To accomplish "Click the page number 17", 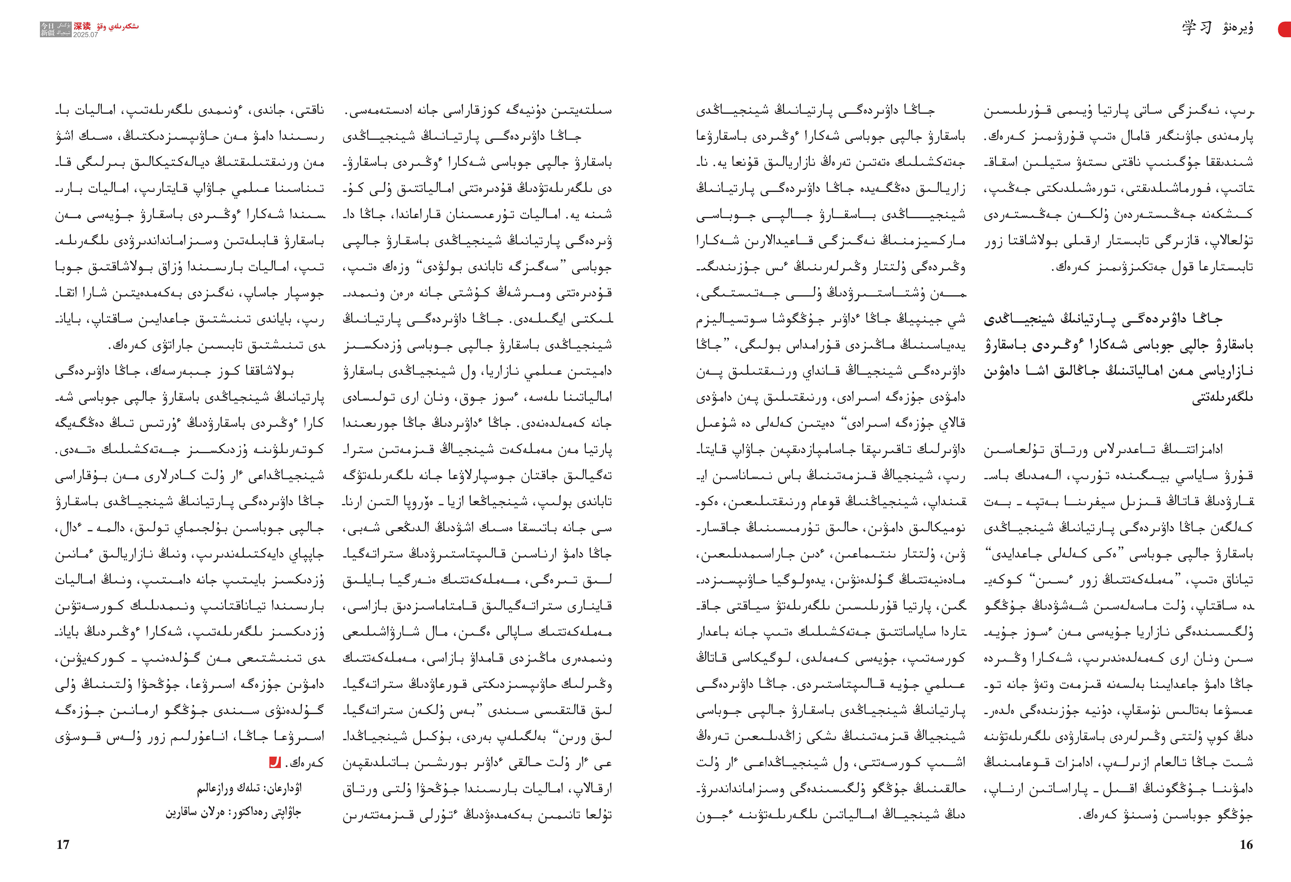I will [x=63, y=845].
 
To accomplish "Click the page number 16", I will [x=1246, y=845].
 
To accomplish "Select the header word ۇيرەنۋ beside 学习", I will [x=1238, y=28].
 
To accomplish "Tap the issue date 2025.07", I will [x=85, y=34].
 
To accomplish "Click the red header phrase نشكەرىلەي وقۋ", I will [x=118, y=26].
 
